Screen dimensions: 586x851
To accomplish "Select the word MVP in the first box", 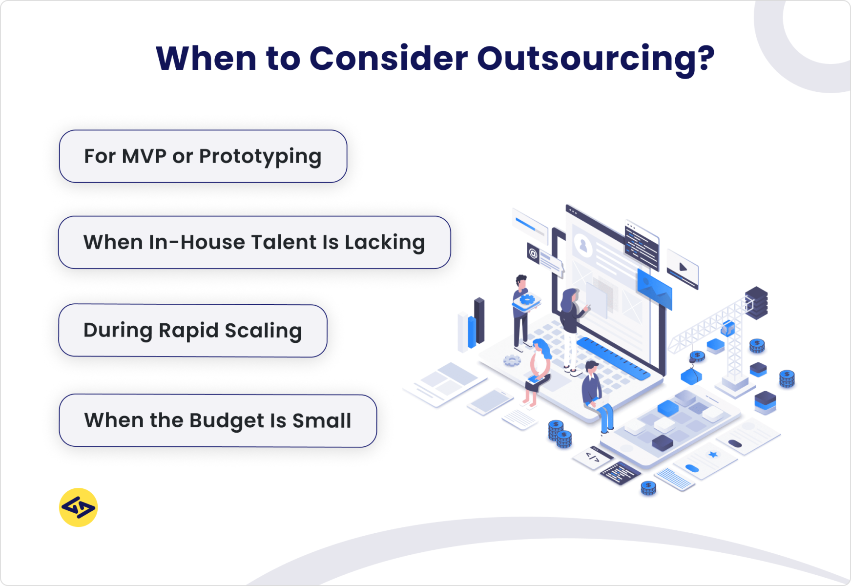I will click(x=144, y=156).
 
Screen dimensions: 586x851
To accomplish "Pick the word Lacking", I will click(x=385, y=243).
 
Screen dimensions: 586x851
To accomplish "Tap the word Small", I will click(x=322, y=421).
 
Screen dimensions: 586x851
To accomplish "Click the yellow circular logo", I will click(x=78, y=507).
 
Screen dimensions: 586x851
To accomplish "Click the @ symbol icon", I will click(x=533, y=253).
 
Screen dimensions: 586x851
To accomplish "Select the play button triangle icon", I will click(x=683, y=267).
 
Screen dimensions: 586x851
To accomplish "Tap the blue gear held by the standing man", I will click(x=526, y=299).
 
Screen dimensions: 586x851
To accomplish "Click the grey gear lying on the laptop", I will click(x=512, y=360).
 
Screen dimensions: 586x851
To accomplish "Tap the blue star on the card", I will click(x=713, y=455).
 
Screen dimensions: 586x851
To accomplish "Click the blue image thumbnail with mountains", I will click(x=654, y=288).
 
